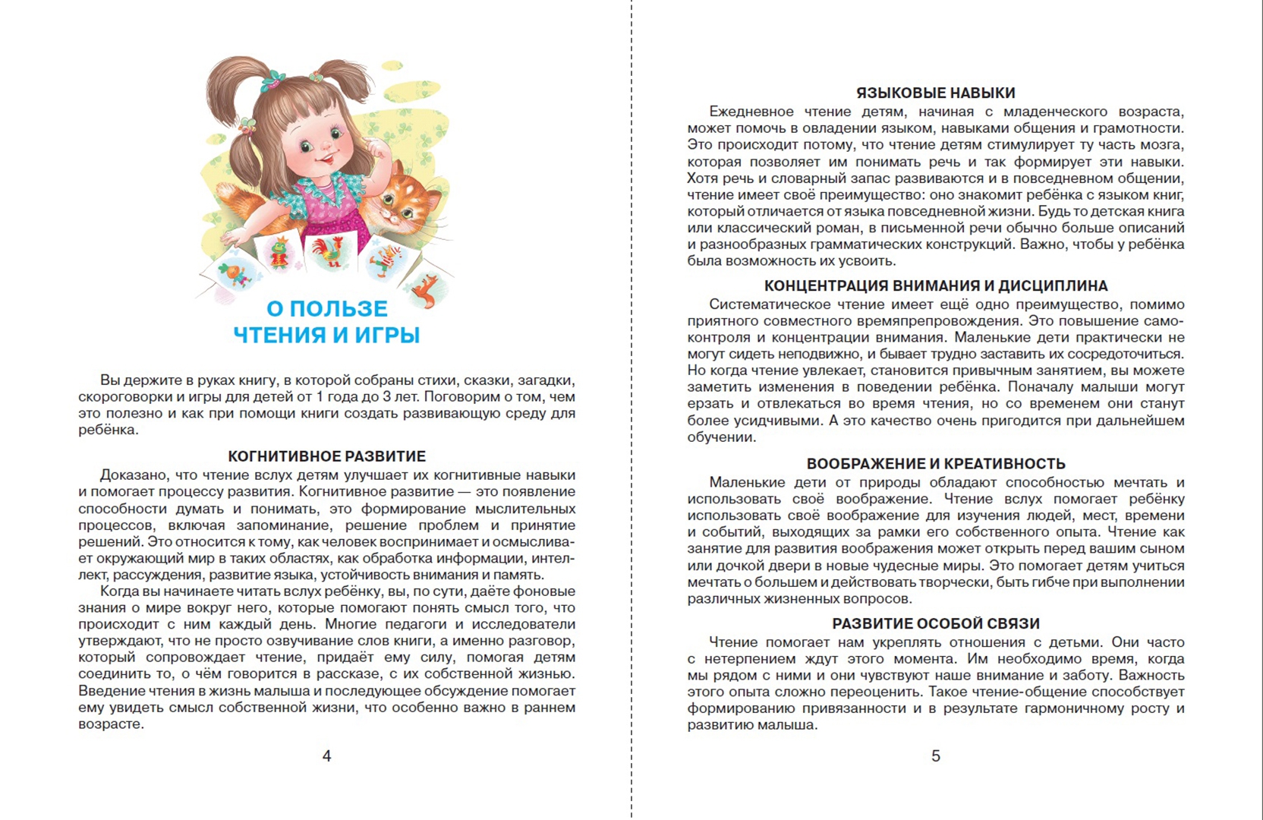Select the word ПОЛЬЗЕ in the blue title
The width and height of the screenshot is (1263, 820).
click(339, 308)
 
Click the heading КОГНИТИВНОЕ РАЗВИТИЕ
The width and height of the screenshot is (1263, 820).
click(326, 456)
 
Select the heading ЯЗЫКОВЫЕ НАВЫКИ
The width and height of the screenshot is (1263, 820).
click(935, 93)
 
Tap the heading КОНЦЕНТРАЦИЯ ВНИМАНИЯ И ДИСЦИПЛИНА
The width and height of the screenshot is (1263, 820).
click(935, 285)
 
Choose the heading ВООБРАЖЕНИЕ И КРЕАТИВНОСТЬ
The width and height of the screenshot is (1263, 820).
click(935, 464)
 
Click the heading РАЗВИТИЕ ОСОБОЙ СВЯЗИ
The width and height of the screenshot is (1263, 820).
click(935, 623)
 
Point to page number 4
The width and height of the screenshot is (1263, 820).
click(326, 755)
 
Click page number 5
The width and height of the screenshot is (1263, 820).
click(935, 755)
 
